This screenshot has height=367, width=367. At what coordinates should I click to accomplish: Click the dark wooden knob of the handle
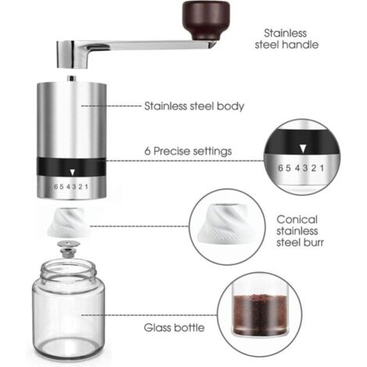tap(206, 20)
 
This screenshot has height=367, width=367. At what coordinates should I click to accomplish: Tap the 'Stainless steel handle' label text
tap(287, 39)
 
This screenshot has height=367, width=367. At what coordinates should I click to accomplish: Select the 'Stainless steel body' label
tap(194, 106)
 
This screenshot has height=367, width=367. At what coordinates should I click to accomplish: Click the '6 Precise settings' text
tap(188, 151)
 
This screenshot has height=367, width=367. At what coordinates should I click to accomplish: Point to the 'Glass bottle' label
tap(174, 327)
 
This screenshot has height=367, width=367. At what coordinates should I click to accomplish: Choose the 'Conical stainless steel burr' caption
tap(300, 231)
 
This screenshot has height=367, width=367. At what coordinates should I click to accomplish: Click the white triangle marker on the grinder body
tap(73, 172)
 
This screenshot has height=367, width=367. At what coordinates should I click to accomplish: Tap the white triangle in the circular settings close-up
tap(302, 149)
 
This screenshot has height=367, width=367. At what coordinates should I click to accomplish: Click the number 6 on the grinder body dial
tap(55, 187)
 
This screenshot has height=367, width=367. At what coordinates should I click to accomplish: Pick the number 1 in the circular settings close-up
tap(322, 168)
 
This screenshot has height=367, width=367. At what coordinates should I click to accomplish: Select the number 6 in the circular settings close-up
tap(280, 168)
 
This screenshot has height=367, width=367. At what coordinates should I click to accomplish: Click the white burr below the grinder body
tap(68, 223)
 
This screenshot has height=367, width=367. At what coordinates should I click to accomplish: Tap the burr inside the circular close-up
tap(224, 223)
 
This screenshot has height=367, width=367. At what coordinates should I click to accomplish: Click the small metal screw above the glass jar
tap(69, 249)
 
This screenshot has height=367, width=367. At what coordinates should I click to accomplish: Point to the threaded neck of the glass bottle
tap(68, 272)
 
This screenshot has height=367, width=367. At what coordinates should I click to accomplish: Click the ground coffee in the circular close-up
tap(259, 314)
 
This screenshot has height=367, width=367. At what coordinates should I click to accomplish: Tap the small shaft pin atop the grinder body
tap(72, 78)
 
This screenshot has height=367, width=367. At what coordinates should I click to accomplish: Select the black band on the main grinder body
tap(71, 167)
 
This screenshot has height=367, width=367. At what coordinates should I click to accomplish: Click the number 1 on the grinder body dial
tap(87, 187)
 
